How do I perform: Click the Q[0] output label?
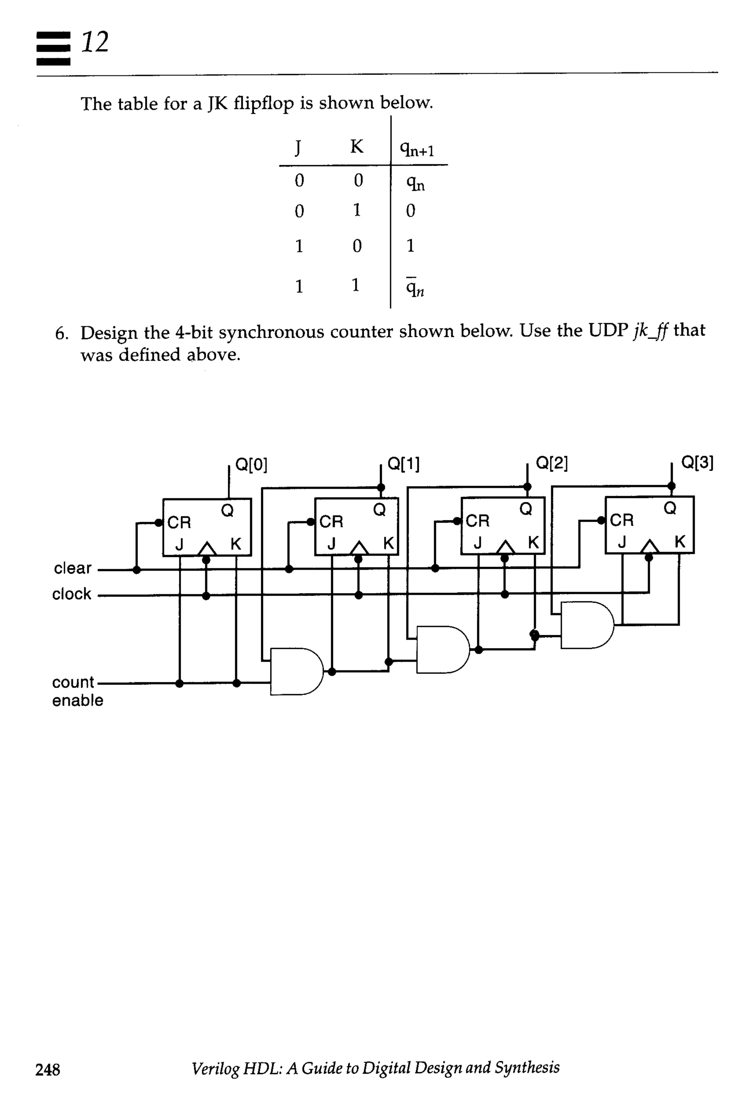(x=251, y=465)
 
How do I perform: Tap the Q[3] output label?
(x=697, y=462)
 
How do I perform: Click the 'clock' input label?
(x=71, y=593)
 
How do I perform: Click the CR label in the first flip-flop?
(x=179, y=522)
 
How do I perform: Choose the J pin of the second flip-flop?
(x=331, y=544)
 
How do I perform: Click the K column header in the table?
(x=357, y=147)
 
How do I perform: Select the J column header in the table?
(x=298, y=148)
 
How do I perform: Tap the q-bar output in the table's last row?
(x=415, y=287)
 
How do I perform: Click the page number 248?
(x=48, y=1069)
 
